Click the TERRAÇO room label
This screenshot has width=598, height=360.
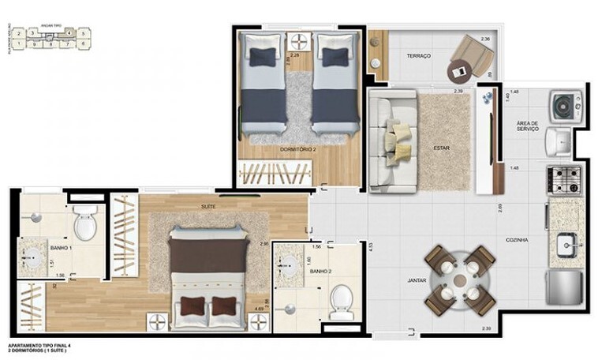point(418,56)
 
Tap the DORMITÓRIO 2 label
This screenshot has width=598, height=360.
point(297,149)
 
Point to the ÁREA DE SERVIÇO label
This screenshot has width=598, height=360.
point(528,126)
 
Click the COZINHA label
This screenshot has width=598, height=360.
point(518,239)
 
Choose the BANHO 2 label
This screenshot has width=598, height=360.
point(320,271)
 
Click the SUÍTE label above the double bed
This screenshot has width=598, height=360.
point(208,206)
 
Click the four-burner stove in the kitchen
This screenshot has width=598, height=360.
point(566,180)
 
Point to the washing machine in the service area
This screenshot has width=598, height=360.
point(566,105)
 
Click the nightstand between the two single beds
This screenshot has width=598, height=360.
point(298,41)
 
